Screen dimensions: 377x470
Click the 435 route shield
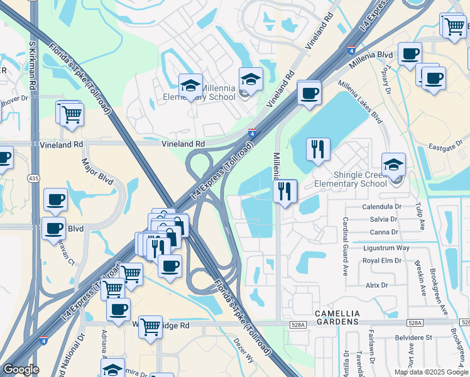pyautogui.click(x=33, y=179)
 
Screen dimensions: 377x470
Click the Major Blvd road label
pyautogui.click(x=97, y=171)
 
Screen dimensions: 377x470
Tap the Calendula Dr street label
pyautogui.click(x=381, y=206)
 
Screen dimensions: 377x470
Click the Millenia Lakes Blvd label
pyautogui.click(x=360, y=101)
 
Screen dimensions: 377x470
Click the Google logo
pyautogui.click(x=21, y=370)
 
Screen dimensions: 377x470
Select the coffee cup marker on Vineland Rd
pyautogui.click(x=309, y=94)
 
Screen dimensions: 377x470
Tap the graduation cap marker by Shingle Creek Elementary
pyautogui.click(x=393, y=165)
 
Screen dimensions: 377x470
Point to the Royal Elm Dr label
pyautogui.click(x=382, y=260)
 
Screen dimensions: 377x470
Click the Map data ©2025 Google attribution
pyautogui.click(x=430, y=372)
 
